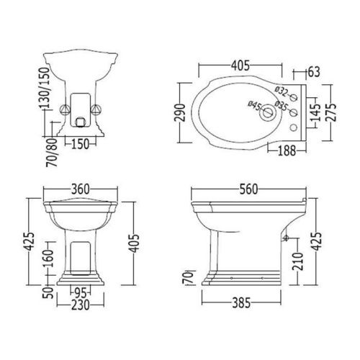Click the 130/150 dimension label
coord(44,88)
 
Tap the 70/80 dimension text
coord(52,153)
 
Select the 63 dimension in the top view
coord(314,72)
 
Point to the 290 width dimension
coord(181,112)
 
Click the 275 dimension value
coord(331,112)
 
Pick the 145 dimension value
coord(315,112)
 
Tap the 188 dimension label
coord(287,151)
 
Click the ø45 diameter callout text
coord(255,106)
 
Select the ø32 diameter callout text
coord(282,91)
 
